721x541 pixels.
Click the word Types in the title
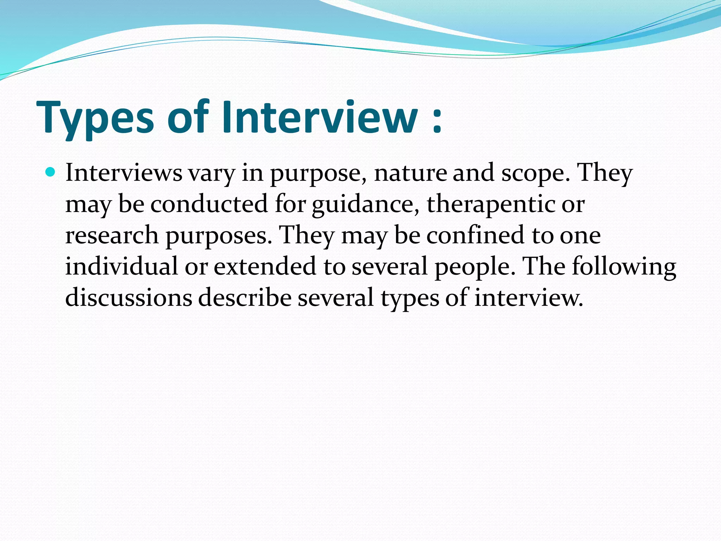(95, 118)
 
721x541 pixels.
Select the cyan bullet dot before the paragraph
(51, 172)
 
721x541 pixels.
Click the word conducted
(209, 204)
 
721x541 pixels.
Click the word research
(112, 235)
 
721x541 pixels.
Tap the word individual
(121, 266)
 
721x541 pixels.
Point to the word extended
(265, 266)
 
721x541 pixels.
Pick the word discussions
(129, 297)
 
